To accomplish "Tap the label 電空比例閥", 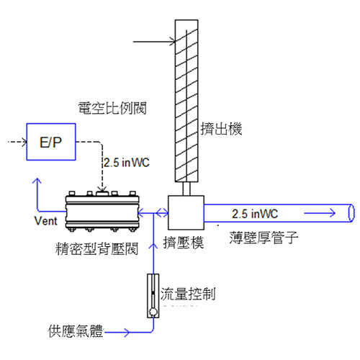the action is pyautogui.click(x=112, y=108).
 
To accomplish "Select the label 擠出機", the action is pyautogui.click(x=221, y=129).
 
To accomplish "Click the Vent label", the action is pyautogui.click(x=45, y=221).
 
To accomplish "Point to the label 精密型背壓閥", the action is pyautogui.click(x=97, y=248).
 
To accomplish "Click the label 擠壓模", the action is pyautogui.click(x=184, y=243).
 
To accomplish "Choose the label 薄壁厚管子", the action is pyautogui.click(x=264, y=238).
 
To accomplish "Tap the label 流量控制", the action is pyautogui.click(x=188, y=294).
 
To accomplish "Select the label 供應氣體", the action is pyautogui.click(x=76, y=331).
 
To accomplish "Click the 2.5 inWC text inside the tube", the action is pyautogui.click(x=255, y=214).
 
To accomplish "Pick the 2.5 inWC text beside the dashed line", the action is pyautogui.click(x=127, y=163).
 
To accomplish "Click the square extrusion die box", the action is pyautogui.click(x=186, y=212).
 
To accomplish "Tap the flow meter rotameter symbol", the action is pyautogui.click(x=153, y=296).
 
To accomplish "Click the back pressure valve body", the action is pyautogui.click(x=102, y=212).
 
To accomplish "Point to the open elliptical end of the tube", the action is pyautogui.click(x=351, y=213).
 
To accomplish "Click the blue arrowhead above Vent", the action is pyautogui.click(x=37, y=181).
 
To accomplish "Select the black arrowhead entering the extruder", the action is pyautogui.click(x=173, y=42).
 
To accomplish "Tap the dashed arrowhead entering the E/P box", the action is pyautogui.click(x=24, y=142).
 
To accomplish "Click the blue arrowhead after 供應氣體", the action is pyautogui.click(x=127, y=333).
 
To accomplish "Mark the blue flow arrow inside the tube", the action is pyautogui.click(x=320, y=213).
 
